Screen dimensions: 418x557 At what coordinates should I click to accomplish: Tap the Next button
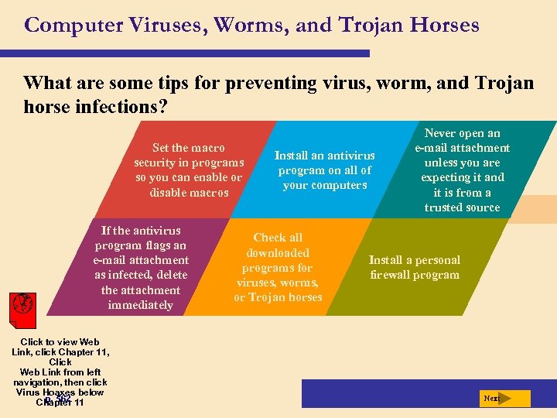pyautogui.click(x=504, y=399)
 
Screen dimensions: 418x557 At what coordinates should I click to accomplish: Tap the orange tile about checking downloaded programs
pyautogui.click(x=278, y=267)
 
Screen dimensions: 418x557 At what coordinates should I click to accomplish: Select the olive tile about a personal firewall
pyautogui.click(x=415, y=267)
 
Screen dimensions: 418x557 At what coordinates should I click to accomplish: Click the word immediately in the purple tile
pyautogui.click(x=141, y=305)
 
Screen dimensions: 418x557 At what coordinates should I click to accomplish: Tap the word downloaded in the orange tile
pyautogui.click(x=278, y=252)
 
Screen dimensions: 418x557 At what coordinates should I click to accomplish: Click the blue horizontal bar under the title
pyautogui.click(x=193, y=53)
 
